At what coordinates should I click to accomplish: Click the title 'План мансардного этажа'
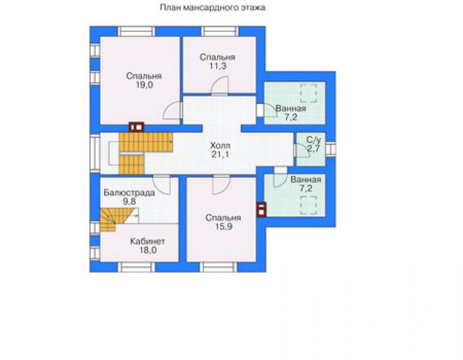[x=213, y=8]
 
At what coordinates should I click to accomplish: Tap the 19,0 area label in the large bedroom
[x=145, y=85]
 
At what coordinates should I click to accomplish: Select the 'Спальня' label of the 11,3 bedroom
[x=217, y=57]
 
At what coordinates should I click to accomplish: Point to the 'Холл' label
[x=220, y=145]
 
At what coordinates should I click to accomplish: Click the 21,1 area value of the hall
[x=220, y=154]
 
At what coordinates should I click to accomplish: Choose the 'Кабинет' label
[x=148, y=241]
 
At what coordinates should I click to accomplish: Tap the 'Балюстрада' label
[x=129, y=193]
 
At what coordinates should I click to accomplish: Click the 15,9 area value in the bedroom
[x=223, y=227]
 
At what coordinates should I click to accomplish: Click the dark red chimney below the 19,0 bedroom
[x=136, y=127]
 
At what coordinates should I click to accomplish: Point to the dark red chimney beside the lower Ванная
[x=262, y=210]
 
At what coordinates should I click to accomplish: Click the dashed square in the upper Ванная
[x=309, y=93]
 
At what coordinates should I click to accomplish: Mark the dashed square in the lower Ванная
[x=309, y=205]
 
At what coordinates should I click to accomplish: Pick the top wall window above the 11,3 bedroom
[x=220, y=31]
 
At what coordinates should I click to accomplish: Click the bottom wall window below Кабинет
[x=136, y=267]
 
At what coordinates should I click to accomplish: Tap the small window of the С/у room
[x=330, y=148]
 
